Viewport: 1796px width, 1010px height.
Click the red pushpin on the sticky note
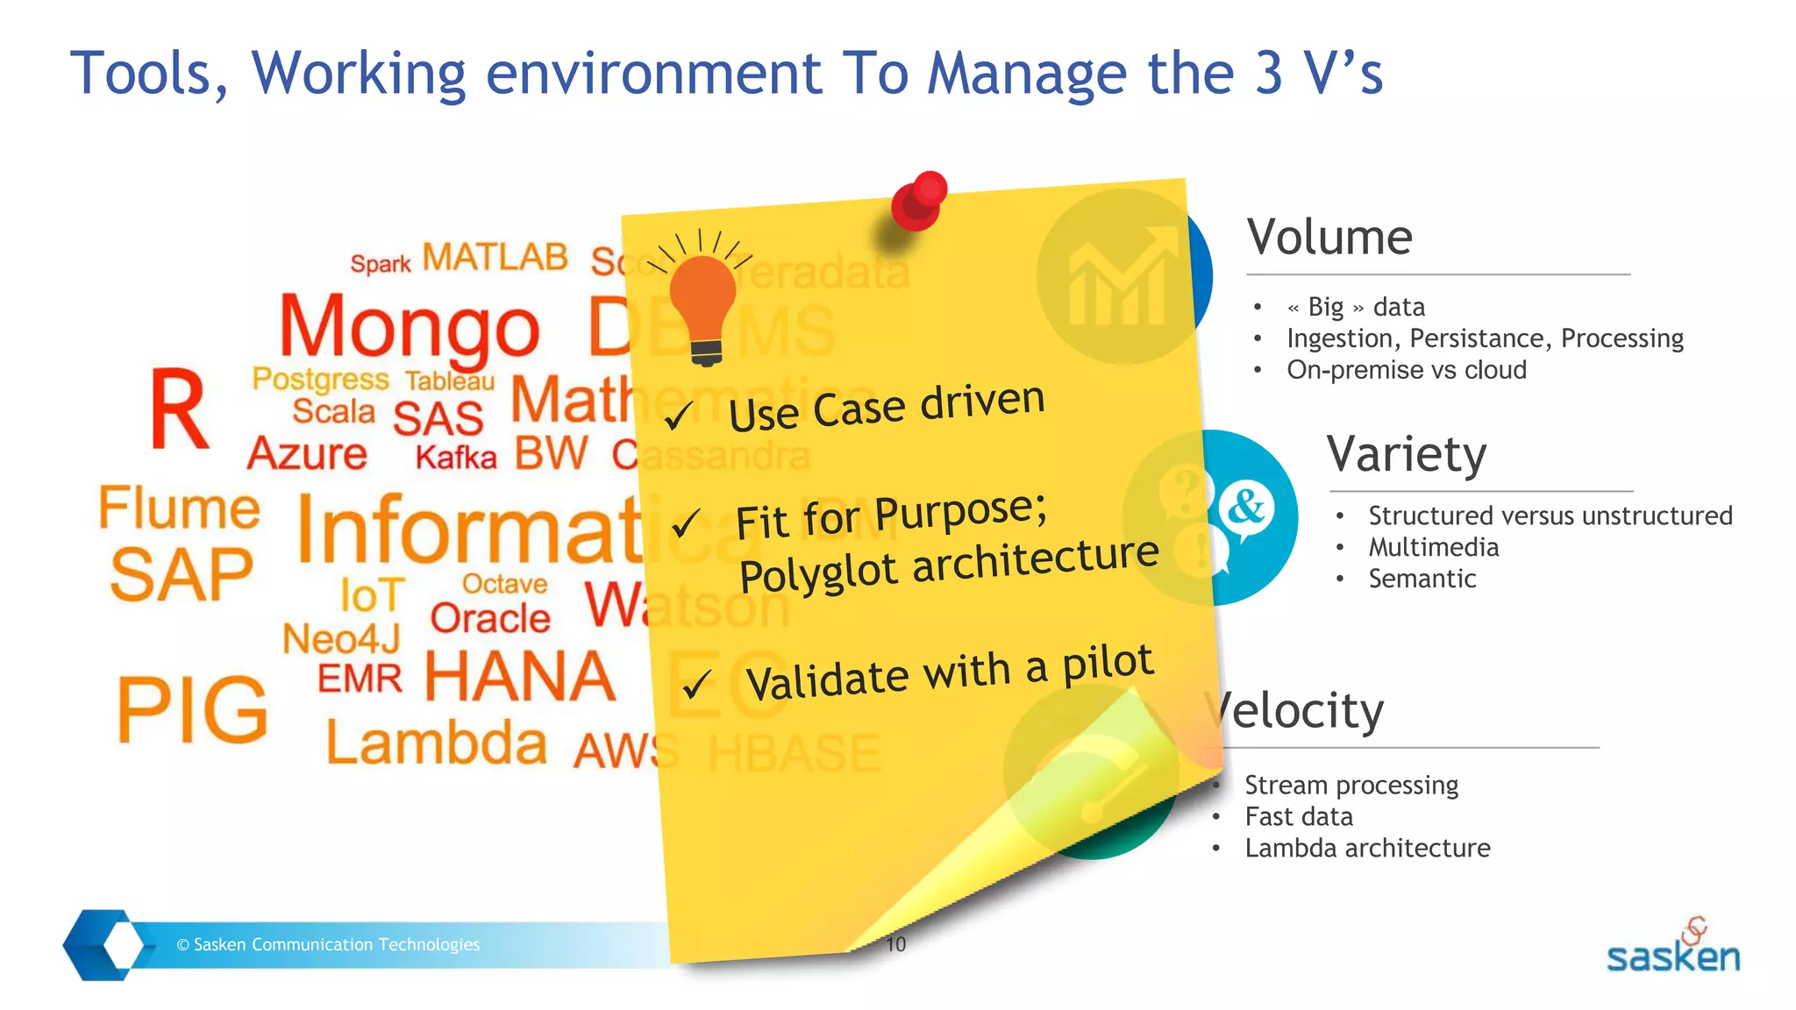[x=918, y=201]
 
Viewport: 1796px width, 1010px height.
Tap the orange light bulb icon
[x=702, y=302]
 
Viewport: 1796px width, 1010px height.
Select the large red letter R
[x=179, y=409]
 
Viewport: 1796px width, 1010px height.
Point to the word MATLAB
[x=495, y=258]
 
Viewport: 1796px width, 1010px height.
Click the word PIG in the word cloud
[x=192, y=710]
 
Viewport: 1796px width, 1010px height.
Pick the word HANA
[x=520, y=677]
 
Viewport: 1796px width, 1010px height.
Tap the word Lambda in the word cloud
[x=436, y=743]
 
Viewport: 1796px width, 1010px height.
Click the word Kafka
[x=455, y=458]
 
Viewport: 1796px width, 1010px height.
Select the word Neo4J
[x=341, y=639]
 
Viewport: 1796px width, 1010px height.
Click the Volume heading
[x=1329, y=237]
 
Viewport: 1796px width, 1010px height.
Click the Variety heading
[x=1406, y=454]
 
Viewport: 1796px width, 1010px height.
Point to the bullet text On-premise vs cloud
[x=1406, y=370]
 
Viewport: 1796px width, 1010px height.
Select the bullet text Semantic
[x=1422, y=579]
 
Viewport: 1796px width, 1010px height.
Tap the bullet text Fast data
[x=1298, y=817]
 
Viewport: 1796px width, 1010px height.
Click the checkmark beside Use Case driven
[x=678, y=416]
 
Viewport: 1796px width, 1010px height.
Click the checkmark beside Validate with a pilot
[x=696, y=684]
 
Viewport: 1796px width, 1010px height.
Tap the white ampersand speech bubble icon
[x=1246, y=509]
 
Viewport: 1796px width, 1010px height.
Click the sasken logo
[x=1672, y=949]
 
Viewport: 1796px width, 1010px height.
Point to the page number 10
[x=895, y=944]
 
